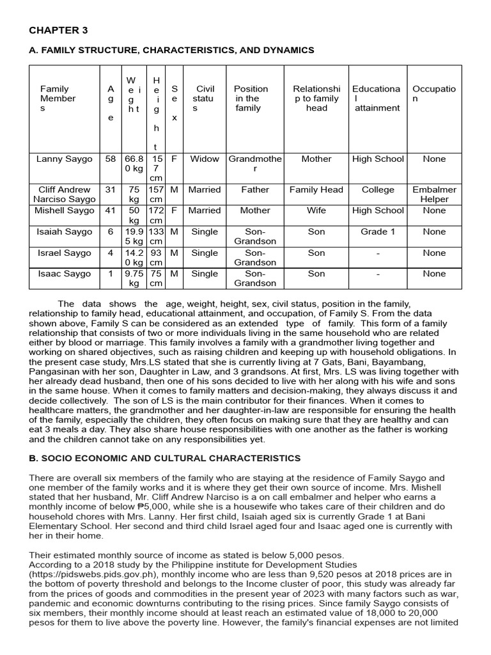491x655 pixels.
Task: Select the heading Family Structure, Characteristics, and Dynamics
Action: pos(171,50)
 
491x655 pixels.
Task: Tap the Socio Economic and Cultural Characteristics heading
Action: pos(164,458)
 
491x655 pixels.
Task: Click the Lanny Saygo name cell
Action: pos(64,159)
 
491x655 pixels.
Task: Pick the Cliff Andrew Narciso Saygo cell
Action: pos(64,194)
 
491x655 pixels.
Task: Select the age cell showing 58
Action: pos(111,159)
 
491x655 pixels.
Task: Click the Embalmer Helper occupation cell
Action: pos(434,194)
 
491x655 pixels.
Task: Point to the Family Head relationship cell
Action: pos(316,190)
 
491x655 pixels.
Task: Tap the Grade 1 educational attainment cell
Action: pos(378,232)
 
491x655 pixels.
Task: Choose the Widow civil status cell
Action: pos(205,159)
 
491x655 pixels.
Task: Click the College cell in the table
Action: pos(378,190)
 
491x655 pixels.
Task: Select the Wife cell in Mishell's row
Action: pos(316,210)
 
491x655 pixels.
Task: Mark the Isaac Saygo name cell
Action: pos(64,274)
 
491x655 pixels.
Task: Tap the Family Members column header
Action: pos(58,99)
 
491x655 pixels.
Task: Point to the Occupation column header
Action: pos(434,94)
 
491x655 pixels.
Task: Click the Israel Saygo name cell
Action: pos(64,253)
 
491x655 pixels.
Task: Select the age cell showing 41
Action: pos(111,210)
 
